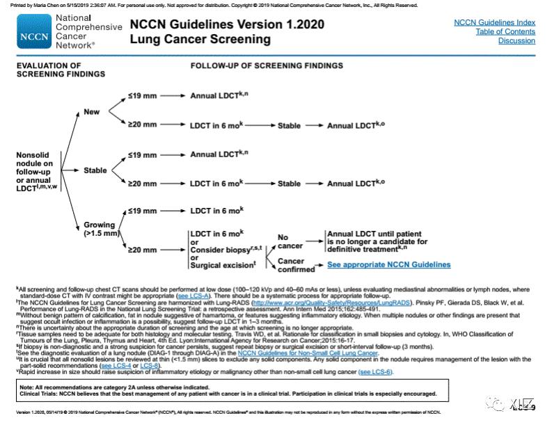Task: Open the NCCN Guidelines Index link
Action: coord(494,22)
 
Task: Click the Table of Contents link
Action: coord(505,31)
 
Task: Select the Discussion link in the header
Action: coord(516,41)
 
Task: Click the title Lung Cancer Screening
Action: coord(200,40)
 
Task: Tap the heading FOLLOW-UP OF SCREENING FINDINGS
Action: coord(267,66)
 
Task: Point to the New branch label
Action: coord(92,111)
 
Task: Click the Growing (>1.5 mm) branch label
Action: coord(100,229)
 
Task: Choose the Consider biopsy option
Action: coord(219,248)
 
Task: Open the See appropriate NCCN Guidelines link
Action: coord(388,265)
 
